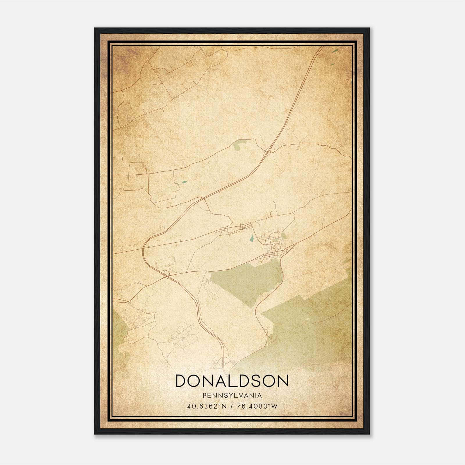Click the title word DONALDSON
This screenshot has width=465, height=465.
[x=232, y=381]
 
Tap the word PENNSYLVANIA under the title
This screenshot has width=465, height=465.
[x=232, y=396]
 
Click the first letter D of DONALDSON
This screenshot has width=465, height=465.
[x=182, y=381]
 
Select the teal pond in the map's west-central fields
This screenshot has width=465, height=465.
[x=184, y=182]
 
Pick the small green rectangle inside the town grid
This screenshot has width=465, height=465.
[x=283, y=236]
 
